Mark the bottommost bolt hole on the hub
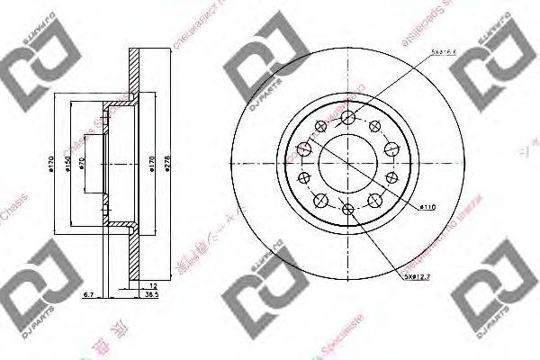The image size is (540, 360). pyautogui.click(x=347, y=211)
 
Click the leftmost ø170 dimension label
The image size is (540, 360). pyautogui.click(x=53, y=163)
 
